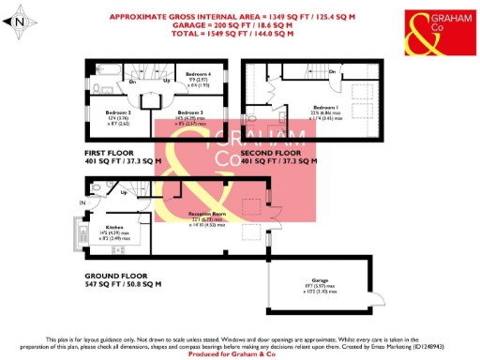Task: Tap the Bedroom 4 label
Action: coord(197,74)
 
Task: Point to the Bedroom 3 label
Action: coord(190,111)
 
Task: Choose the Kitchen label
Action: coord(114,227)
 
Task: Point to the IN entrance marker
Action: coord(82,202)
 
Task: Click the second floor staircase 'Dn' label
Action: coord(333,71)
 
